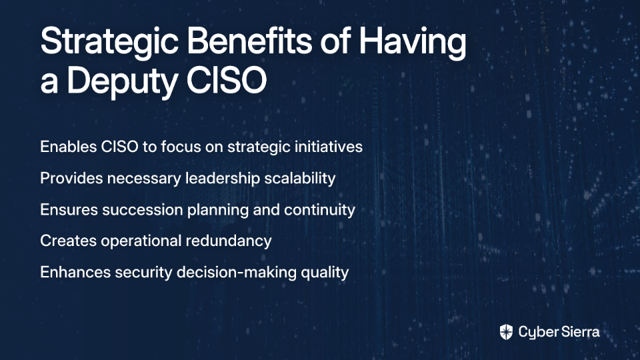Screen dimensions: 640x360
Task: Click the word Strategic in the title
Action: [109, 43]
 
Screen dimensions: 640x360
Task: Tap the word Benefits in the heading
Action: [249, 40]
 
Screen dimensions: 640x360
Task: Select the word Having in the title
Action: [412, 43]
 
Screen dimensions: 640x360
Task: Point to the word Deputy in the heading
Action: [121, 81]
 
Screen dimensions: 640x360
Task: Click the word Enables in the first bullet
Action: [68, 147]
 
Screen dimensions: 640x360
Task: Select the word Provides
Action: [71, 179]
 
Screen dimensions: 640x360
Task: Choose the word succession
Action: [143, 210]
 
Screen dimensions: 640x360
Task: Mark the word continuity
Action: [319, 210]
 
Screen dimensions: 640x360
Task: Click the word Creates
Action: [69, 241]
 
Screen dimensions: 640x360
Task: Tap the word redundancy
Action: [229, 241]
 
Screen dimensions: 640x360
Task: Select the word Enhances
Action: [75, 272]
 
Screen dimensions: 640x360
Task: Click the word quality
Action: [325, 273]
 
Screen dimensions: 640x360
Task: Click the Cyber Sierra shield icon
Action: [506, 332]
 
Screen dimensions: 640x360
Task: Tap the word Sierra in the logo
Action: [579, 332]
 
